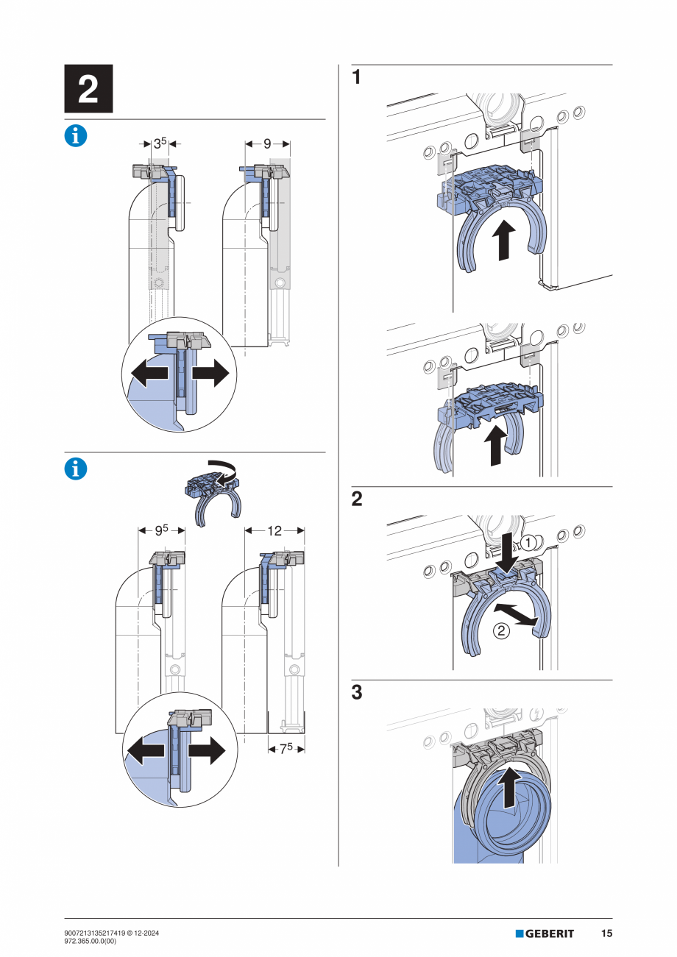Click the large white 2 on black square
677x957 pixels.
pos(88,89)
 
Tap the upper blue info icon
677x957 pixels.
pos(76,135)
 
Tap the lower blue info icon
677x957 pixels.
pos(76,469)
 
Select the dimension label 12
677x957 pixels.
pos(274,530)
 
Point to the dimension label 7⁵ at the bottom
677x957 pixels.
pos(286,748)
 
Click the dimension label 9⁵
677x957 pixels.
pos(161,530)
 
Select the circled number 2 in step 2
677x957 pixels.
pos(500,630)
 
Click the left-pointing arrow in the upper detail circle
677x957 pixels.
pos(147,374)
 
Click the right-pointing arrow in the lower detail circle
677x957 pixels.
pos(207,751)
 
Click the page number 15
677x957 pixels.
pos(606,933)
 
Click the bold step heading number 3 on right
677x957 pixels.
pos(357,693)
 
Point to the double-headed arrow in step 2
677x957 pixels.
pos(521,614)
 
